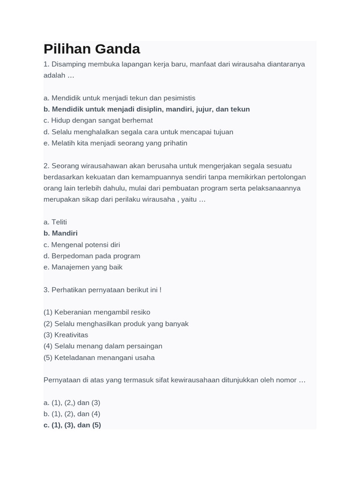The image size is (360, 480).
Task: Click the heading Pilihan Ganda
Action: click(92, 49)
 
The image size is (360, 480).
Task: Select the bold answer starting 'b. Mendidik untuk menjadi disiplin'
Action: click(146, 109)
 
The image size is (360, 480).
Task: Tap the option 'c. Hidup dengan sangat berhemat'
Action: click(98, 120)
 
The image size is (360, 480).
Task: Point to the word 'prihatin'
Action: click(173, 143)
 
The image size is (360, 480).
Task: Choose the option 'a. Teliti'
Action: click(55, 222)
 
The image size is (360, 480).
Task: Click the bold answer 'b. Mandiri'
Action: click(60, 233)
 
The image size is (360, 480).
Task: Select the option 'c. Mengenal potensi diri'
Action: click(82, 245)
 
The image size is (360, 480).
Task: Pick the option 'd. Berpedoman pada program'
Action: click(92, 256)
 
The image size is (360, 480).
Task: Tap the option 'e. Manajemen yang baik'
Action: click(83, 267)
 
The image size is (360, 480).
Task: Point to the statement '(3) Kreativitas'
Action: click(66, 335)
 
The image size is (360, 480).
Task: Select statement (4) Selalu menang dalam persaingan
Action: click(103, 346)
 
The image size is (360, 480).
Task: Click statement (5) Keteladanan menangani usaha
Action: click(99, 358)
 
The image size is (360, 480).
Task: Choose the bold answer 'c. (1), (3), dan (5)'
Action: click(72, 425)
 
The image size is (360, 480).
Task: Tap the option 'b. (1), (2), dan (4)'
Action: click(72, 414)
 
